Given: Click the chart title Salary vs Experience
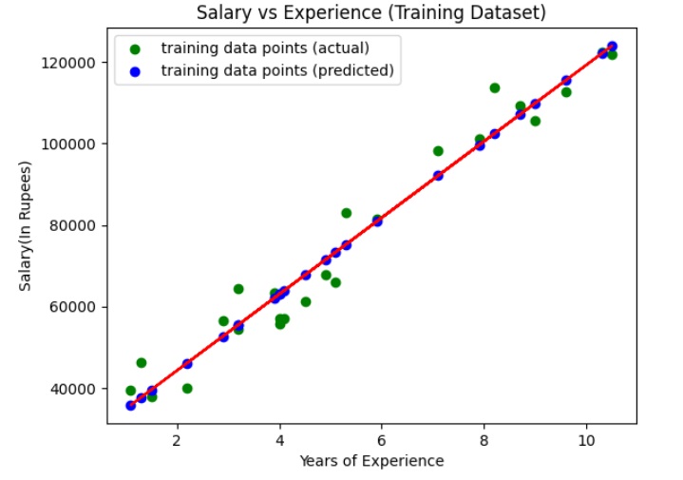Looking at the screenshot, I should (x=371, y=13).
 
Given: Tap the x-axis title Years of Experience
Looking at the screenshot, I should (x=371, y=461).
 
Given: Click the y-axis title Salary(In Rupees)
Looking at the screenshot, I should (x=27, y=225).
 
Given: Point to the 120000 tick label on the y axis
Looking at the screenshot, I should (x=74, y=63).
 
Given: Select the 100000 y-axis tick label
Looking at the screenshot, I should (x=74, y=144).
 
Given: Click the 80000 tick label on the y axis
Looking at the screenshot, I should (x=78, y=226).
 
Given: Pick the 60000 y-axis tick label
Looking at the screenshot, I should (x=78, y=308).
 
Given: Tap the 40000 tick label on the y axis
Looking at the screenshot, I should (x=78, y=390).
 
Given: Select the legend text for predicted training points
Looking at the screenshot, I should (x=276, y=70).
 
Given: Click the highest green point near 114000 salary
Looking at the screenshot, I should (x=495, y=88).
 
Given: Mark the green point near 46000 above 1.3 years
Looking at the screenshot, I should (x=142, y=363).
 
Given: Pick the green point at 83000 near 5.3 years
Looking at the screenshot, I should (x=347, y=214).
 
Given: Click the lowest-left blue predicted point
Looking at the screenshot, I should (x=131, y=406).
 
